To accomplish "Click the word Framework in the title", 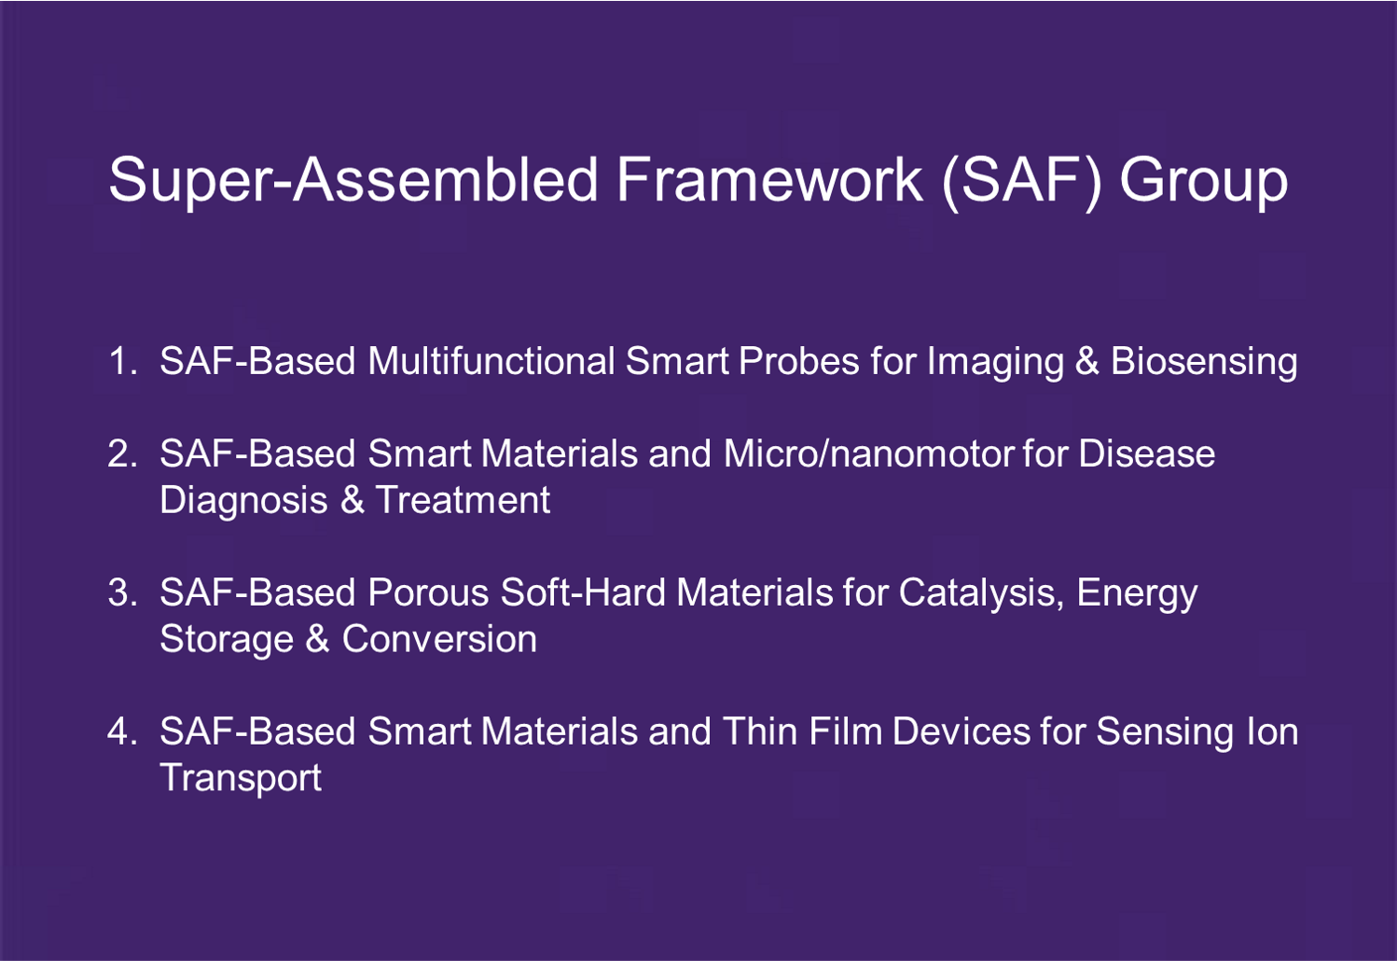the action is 769,180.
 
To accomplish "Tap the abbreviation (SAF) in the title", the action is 1022,182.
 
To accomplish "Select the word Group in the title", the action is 1204,184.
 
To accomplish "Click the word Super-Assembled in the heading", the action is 353,182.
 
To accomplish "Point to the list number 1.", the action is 122,361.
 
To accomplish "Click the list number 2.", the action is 122,453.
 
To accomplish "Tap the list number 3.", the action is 122,592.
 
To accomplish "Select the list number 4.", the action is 122,731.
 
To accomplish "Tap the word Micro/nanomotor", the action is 870,453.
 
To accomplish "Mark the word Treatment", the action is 463,499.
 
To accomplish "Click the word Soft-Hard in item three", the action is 583,592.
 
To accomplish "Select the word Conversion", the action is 439,638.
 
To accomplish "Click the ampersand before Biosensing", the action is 1087,361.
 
